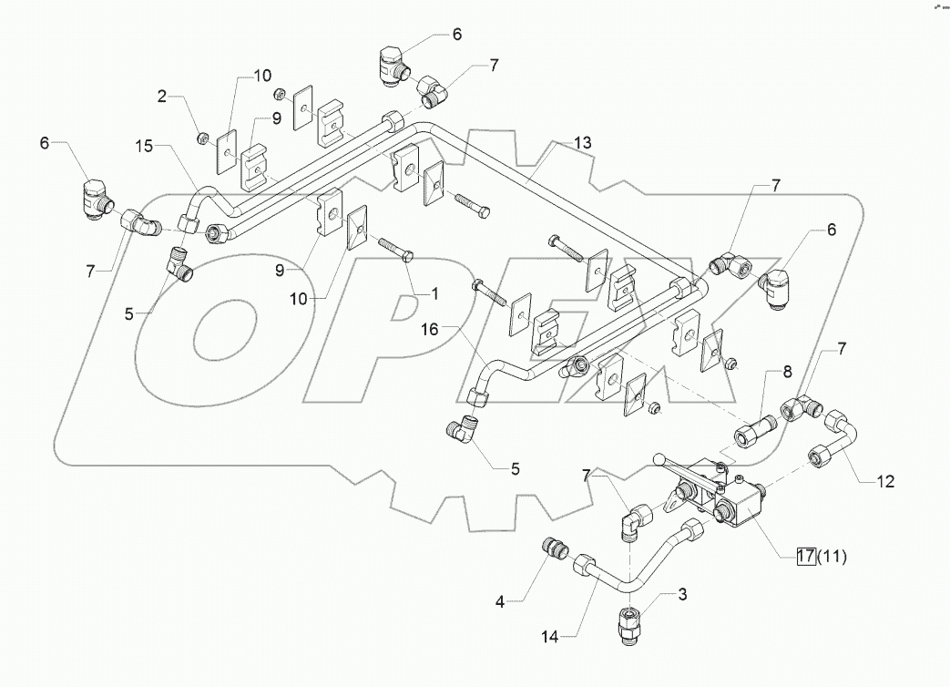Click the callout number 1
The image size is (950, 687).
(434, 293)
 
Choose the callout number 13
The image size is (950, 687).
(582, 142)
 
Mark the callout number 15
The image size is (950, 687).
(147, 146)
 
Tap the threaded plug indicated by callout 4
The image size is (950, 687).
(555, 551)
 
